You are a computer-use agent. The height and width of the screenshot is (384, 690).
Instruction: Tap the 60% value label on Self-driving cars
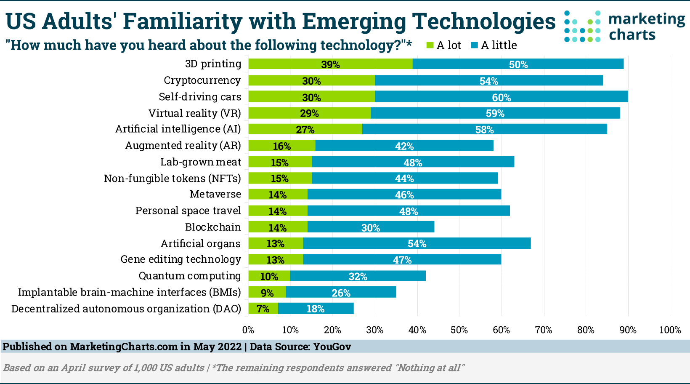[501, 97]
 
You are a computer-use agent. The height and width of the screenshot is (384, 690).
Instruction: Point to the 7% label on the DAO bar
[263, 309]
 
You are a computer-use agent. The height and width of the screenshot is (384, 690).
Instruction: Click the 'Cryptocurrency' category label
[202, 80]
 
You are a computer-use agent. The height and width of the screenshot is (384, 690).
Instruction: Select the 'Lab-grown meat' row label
[201, 162]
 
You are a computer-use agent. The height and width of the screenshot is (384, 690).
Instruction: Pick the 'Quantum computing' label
[190, 276]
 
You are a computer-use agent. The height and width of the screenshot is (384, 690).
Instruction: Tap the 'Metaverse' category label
[215, 194]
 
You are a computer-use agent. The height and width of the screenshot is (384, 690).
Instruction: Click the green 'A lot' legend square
[430, 45]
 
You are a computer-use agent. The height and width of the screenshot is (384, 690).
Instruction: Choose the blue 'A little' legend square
[474, 45]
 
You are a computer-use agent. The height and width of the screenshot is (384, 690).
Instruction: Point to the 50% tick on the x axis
[459, 330]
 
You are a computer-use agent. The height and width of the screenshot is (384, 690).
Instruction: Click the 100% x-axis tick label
[670, 330]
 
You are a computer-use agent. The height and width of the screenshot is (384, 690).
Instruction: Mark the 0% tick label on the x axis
[248, 330]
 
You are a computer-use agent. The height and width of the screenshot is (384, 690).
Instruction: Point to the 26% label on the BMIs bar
[341, 293]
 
